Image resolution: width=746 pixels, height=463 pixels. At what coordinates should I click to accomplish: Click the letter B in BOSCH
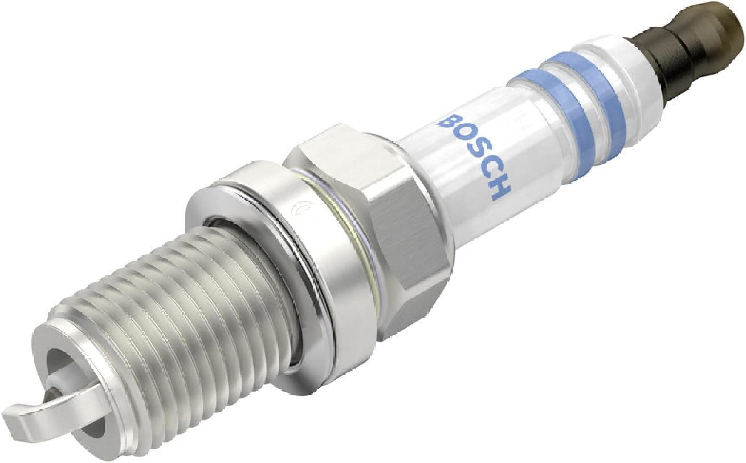pos(450,122)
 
